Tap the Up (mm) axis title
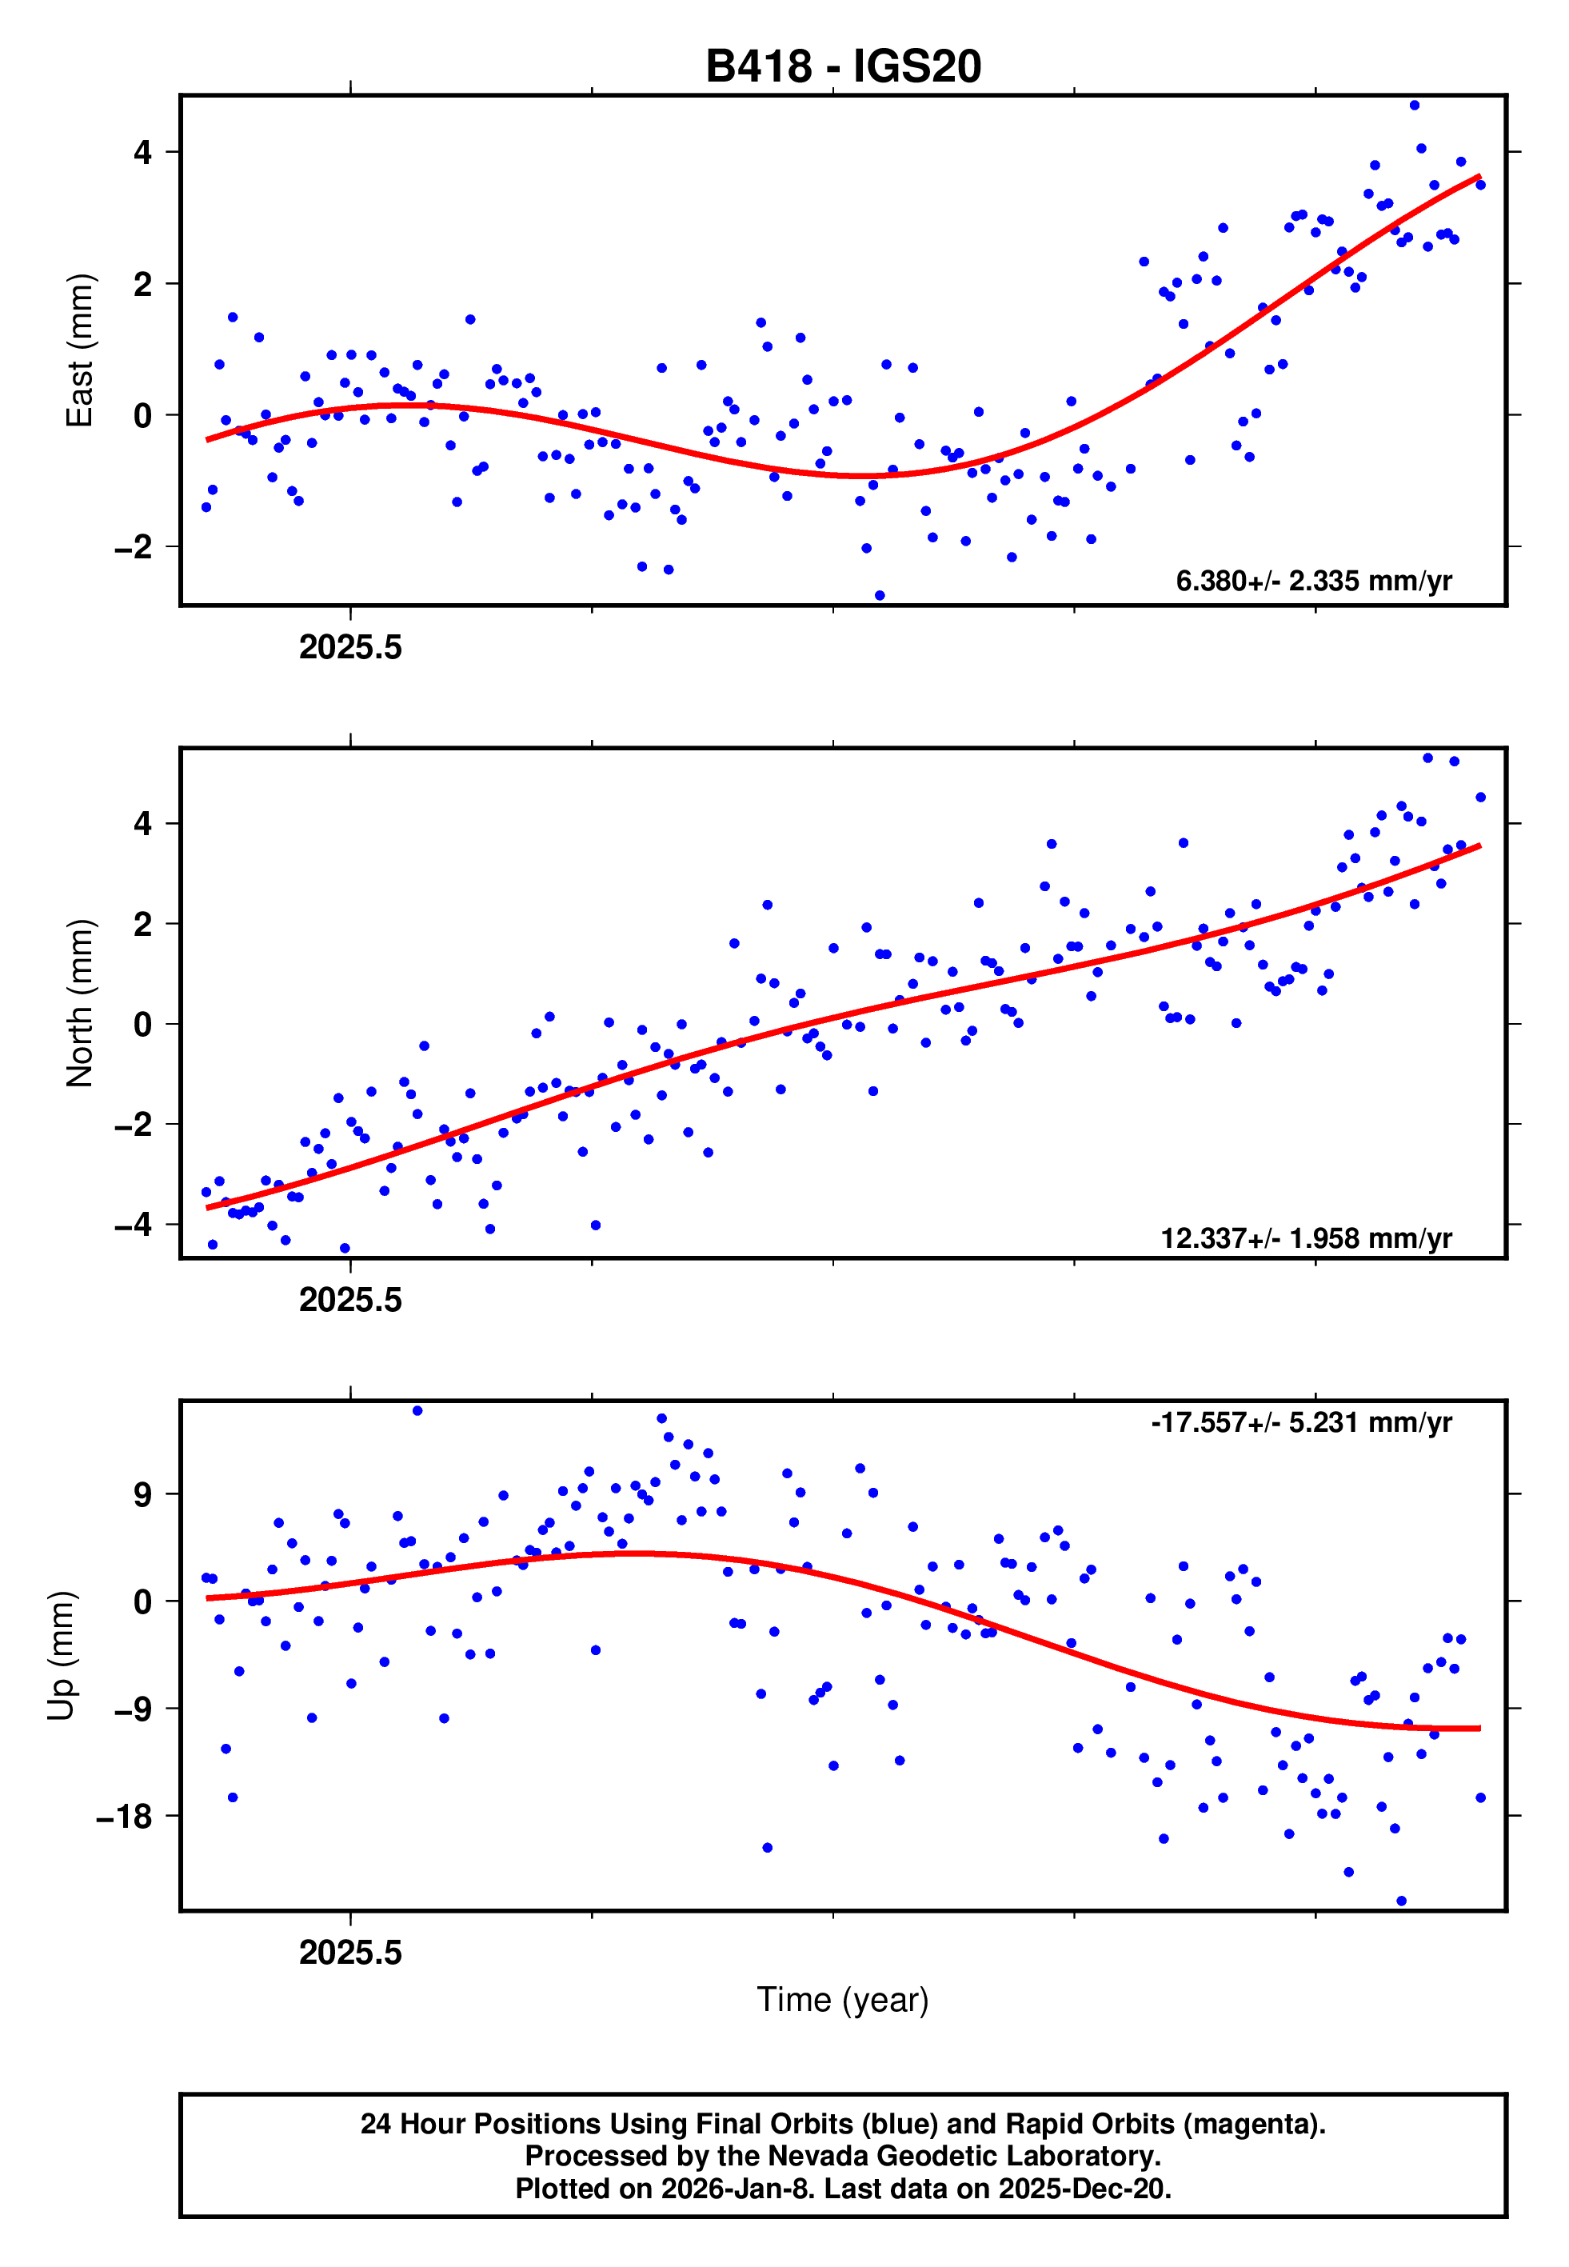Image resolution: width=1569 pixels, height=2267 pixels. click(x=61, y=1656)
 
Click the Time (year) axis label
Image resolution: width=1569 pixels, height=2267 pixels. click(x=843, y=2000)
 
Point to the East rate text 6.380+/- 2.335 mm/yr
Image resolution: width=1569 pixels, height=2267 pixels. click(x=1313, y=581)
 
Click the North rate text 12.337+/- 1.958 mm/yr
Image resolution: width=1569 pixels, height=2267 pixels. click(x=1306, y=1237)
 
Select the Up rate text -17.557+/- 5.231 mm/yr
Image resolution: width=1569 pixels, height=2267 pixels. click(x=1300, y=1422)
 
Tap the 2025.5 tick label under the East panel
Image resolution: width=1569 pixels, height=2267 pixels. click(x=350, y=648)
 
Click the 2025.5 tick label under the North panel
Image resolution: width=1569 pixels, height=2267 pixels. click(x=350, y=1300)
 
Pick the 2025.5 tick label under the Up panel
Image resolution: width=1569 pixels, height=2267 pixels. click(x=350, y=1953)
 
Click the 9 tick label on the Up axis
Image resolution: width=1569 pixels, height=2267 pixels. click(x=143, y=1495)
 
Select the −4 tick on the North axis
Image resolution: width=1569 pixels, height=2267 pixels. click(x=134, y=1225)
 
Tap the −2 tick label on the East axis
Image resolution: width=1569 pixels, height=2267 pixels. click(x=134, y=546)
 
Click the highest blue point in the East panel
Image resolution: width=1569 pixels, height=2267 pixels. click(x=1414, y=105)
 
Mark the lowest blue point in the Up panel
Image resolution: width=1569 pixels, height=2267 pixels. click(x=1401, y=1901)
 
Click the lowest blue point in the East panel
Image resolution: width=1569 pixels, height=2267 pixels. click(x=879, y=596)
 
